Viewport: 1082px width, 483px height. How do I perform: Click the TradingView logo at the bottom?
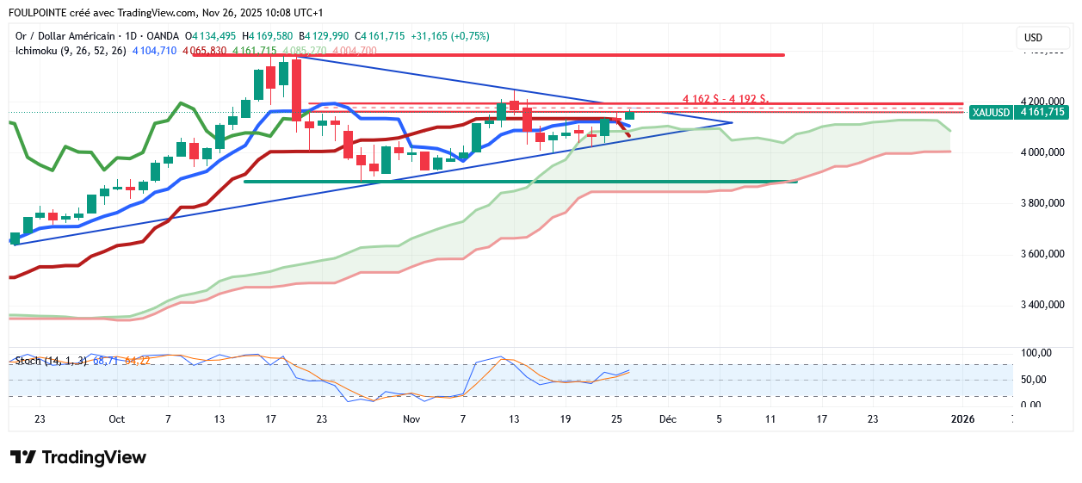coord(77,457)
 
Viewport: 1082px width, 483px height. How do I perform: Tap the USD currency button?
coord(1033,38)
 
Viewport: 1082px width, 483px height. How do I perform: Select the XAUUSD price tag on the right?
coord(1018,112)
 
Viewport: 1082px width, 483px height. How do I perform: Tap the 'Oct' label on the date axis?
coord(117,419)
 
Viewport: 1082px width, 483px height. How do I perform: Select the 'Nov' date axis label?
coord(411,419)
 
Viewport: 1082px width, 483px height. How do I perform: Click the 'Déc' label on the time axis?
coord(667,419)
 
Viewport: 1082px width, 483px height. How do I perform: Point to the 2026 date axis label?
coord(961,419)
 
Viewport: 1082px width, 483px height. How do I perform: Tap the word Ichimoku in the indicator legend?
coord(38,51)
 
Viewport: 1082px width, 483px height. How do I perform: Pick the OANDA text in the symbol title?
coord(163,36)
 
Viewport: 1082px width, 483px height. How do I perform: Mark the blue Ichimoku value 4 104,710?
coord(155,51)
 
